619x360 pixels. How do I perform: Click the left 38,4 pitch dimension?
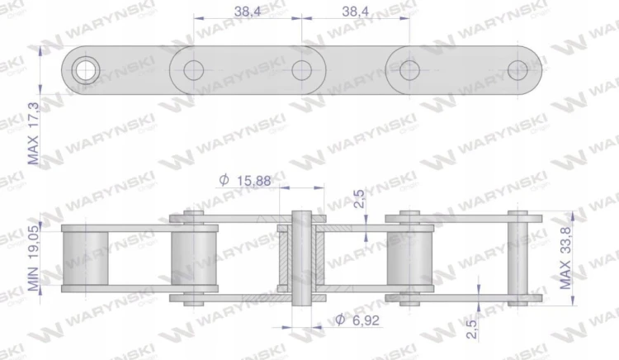pos(248,11)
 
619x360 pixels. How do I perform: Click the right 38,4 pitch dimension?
pos(355,11)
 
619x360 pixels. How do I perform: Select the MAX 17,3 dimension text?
pos(33,134)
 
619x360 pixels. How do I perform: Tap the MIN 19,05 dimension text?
pos(33,258)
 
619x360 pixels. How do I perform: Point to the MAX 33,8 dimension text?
pos(565,258)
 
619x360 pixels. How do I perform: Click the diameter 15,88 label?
pos(245,180)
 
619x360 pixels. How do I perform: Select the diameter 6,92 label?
pos(357,320)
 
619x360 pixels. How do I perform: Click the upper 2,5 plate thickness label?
pos(359,198)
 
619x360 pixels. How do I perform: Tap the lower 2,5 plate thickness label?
pos(472,329)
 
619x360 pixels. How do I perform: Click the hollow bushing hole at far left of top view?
pos(86,70)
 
